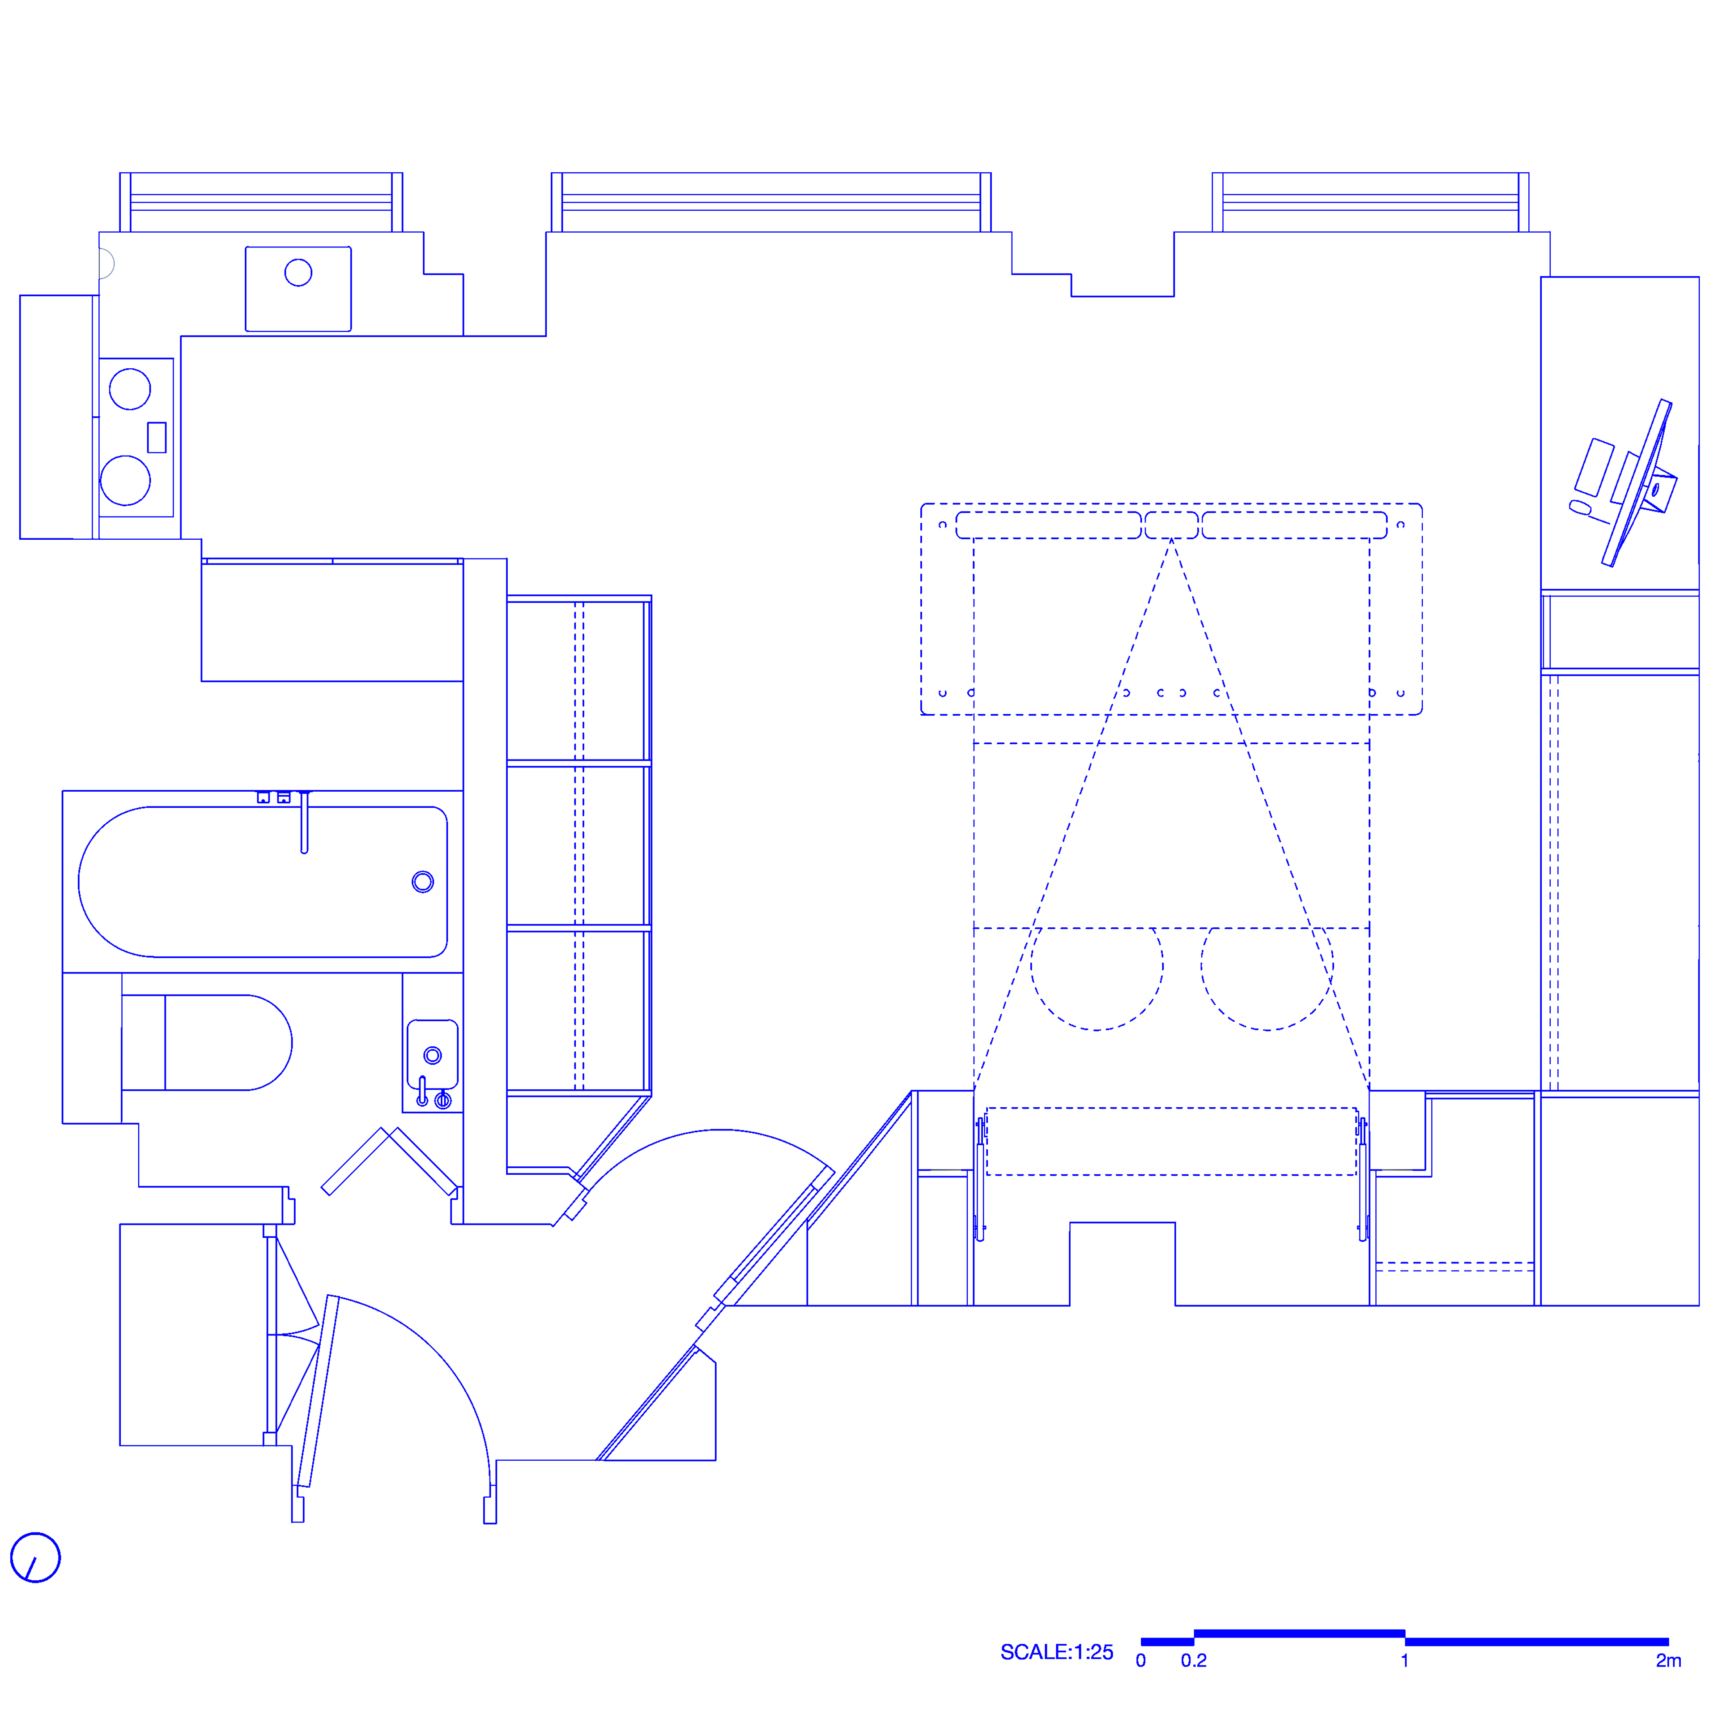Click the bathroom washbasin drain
[x=432, y=1055]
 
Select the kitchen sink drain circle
[x=298, y=272]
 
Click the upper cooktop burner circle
[x=130, y=389]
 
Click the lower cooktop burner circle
[x=125, y=481]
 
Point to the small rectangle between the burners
[x=157, y=437]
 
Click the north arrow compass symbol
[x=36, y=1557]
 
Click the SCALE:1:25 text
[x=1056, y=1652]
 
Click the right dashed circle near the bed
[x=1267, y=965]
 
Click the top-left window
[x=261, y=202]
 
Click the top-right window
[x=1370, y=202]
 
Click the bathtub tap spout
[x=304, y=823]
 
